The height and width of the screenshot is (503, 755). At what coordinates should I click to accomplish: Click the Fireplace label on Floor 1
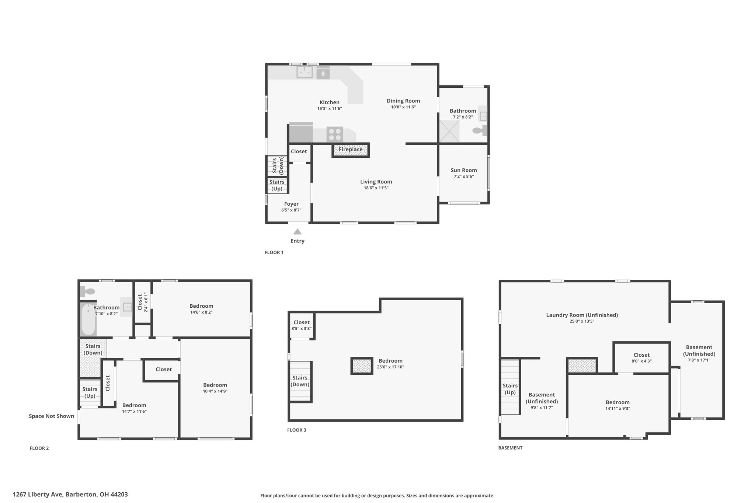tap(351, 149)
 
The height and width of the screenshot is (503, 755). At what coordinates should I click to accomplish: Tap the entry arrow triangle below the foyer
tap(298, 232)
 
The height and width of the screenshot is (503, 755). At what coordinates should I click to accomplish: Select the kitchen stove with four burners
tap(335, 134)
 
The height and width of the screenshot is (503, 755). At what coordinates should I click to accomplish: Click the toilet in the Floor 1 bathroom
tap(480, 130)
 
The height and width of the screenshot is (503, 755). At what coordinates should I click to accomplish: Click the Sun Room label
tap(464, 170)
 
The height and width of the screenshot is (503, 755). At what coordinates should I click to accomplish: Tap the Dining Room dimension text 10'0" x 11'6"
tap(403, 107)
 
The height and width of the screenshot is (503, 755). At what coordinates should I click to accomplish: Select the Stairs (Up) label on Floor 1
tap(277, 185)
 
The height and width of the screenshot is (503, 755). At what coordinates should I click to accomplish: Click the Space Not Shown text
tap(52, 416)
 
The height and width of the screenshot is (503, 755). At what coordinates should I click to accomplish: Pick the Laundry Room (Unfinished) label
tap(582, 315)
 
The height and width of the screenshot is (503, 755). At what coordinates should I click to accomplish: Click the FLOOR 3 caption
tap(297, 430)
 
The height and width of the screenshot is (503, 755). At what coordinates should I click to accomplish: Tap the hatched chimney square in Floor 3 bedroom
tap(361, 366)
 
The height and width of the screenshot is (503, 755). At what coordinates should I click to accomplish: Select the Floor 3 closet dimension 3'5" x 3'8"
tap(302, 329)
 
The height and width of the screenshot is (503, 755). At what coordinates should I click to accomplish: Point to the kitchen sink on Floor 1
tap(305, 72)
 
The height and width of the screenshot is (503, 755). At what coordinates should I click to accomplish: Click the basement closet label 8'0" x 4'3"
tap(641, 361)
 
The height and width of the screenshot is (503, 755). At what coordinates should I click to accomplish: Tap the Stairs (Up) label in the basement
tap(510, 389)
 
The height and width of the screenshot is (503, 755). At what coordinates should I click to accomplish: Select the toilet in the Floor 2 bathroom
tap(87, 291)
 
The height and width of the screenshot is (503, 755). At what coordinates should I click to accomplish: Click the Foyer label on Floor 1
tap(291, 204)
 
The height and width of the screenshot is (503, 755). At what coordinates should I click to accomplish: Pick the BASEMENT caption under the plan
tap(510, 448)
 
